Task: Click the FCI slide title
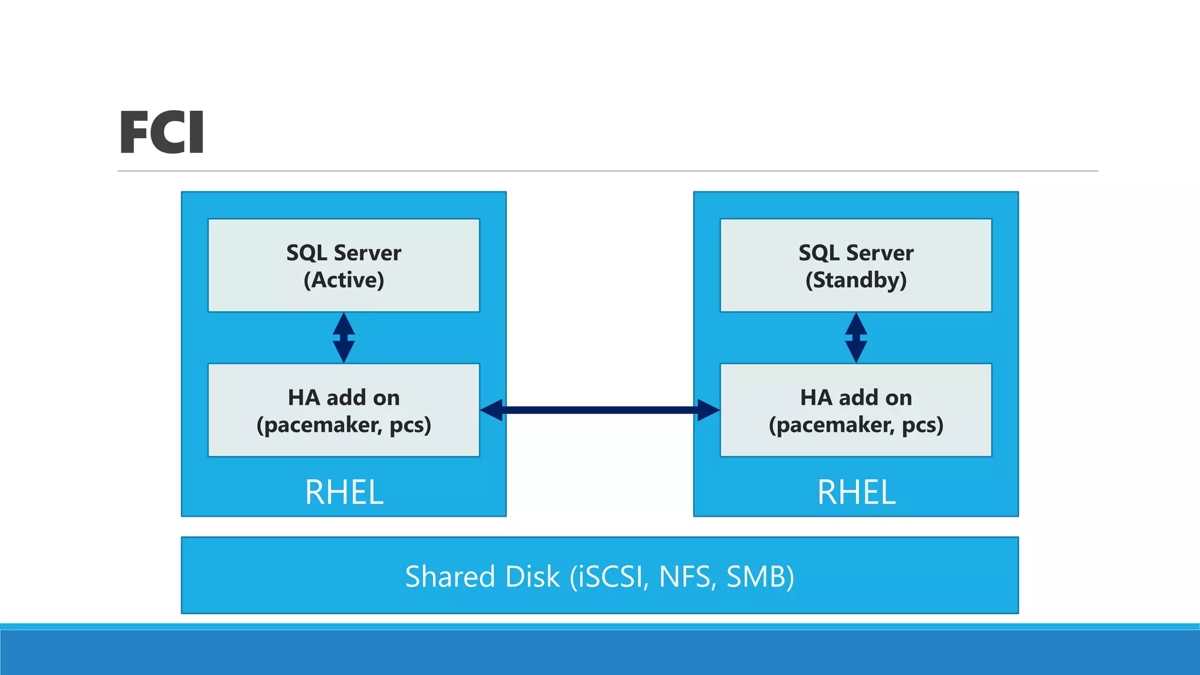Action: point(162,133)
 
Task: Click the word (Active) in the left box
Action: point(344,280)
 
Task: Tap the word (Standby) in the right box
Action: point(856,280)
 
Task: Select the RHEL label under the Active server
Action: point(344,492)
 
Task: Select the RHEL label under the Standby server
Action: point(856,492)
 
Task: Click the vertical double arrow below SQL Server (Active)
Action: point(344,337)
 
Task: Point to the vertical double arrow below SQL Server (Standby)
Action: point(856,337)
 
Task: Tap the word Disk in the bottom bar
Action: point(532,577)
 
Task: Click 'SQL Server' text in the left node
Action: point(344,253)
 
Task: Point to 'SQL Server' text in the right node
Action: point(856,253)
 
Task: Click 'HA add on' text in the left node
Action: point(344,398)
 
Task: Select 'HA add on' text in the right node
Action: point(856,398)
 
